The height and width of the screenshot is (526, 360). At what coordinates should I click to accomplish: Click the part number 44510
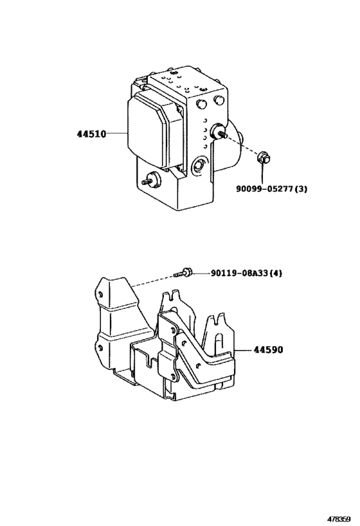point(91,135)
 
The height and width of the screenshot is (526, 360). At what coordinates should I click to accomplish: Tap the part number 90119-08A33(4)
point(246,273)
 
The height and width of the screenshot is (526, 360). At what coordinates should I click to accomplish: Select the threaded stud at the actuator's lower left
point(152,180)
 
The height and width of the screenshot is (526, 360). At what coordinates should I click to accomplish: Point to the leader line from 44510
point(116,135)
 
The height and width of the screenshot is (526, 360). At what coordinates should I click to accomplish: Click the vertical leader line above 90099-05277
point(262,172)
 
